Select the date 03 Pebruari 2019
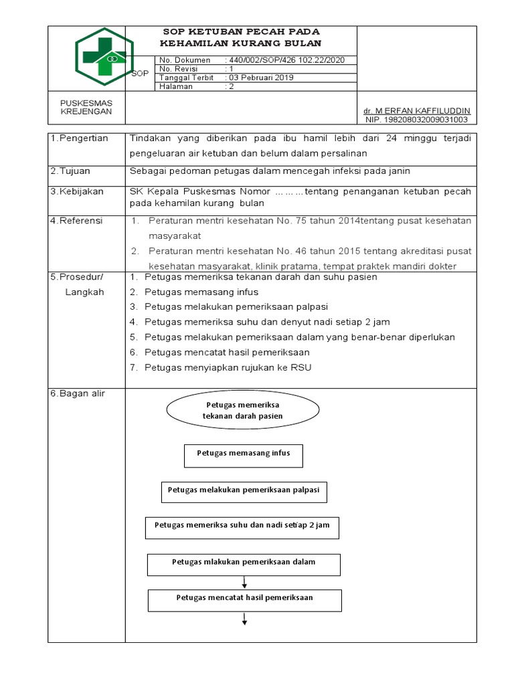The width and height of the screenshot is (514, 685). (261, 78)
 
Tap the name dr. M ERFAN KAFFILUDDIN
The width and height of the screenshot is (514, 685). (416, 110)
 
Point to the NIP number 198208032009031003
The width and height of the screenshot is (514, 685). (416, 120)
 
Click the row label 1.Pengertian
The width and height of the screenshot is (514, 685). (79, 138)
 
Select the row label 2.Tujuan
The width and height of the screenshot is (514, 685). (70, 171)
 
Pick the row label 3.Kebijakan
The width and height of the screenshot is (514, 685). (76, 191)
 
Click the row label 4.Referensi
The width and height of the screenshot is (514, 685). (77, 220)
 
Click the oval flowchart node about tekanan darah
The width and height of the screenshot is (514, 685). (242, 411)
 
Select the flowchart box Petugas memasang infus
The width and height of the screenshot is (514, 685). (244, 454)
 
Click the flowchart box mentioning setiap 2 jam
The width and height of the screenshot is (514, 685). (242, 526)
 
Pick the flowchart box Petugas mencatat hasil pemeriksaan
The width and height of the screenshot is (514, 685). (244, 599)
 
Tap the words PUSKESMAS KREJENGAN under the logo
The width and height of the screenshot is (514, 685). (86, 107)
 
